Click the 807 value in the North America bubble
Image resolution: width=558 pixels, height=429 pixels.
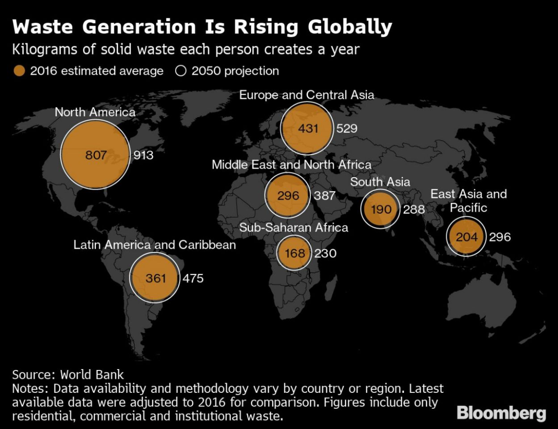point(96,155)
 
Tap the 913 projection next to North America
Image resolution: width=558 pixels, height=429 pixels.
point(143,155)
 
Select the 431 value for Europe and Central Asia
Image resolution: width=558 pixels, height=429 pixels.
point(308,129)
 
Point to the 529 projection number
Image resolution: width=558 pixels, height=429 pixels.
point(347,129)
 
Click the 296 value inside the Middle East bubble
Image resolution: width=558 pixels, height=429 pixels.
point(288,196)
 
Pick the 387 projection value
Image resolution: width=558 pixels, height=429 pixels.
point(325,196)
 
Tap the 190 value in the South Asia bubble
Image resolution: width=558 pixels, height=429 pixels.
point(381,209)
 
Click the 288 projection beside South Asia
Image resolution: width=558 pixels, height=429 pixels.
point(413,209)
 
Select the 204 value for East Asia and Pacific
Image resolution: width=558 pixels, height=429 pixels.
point(467,237)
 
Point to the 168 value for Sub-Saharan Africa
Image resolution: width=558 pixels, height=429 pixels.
point(295,253)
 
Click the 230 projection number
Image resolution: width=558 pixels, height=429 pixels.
point(325,253)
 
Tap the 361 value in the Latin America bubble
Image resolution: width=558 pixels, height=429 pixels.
point(156,278)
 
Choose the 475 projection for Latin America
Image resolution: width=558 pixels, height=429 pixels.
point(193,278)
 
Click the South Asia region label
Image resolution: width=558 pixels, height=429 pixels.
point(380,182)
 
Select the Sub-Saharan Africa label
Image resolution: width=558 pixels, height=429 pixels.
point(294,227)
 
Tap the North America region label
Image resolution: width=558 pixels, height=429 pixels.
point(95,112)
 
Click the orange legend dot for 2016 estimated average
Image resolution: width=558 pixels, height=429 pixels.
point(19,71)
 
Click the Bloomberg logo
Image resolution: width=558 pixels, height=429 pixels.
point(501,413)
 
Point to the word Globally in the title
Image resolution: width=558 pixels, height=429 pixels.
point(350,27)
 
